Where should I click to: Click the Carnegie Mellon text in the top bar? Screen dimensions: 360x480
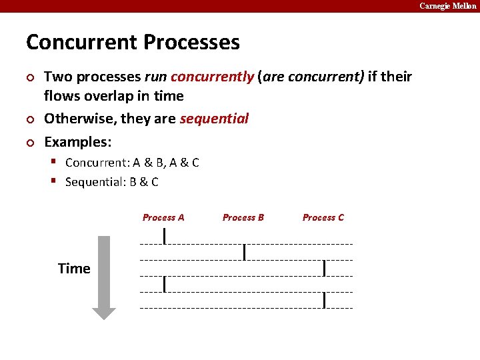click(x=447, y=6)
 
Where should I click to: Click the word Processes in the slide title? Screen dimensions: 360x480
click(x=191, y=43)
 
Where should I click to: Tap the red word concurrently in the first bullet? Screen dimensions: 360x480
click(x=212, y=77)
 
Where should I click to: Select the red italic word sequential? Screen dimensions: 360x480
click(x=213, y=119)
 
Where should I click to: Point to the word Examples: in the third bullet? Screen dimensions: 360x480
click(x=78, y=142)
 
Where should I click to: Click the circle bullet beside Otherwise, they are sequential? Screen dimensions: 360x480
click(x=29, y=120)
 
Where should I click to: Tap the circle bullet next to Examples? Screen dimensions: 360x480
click(x=29, y=143)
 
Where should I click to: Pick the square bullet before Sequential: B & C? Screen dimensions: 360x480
click(x=57, y=181)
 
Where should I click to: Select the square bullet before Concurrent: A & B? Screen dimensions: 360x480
click(x=57, y=162)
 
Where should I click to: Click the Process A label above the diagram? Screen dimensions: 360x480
click(x=163, y=217)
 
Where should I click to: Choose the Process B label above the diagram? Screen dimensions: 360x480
click(x=243, y=217)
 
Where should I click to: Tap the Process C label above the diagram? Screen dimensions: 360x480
click(x=323, y=217)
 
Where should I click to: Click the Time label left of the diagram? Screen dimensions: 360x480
click(x=74, y=269)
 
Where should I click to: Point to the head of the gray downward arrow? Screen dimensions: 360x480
click(x=103, y=312)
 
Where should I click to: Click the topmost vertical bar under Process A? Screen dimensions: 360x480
click(x=165, y=235)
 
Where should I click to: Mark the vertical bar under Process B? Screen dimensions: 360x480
click(x=245, y=251)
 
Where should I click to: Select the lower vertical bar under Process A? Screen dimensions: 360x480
click(x=165, y=284)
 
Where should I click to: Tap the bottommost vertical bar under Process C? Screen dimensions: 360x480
click(x=324, y=300)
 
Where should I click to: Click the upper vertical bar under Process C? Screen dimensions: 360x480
click(x=324, y=268)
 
